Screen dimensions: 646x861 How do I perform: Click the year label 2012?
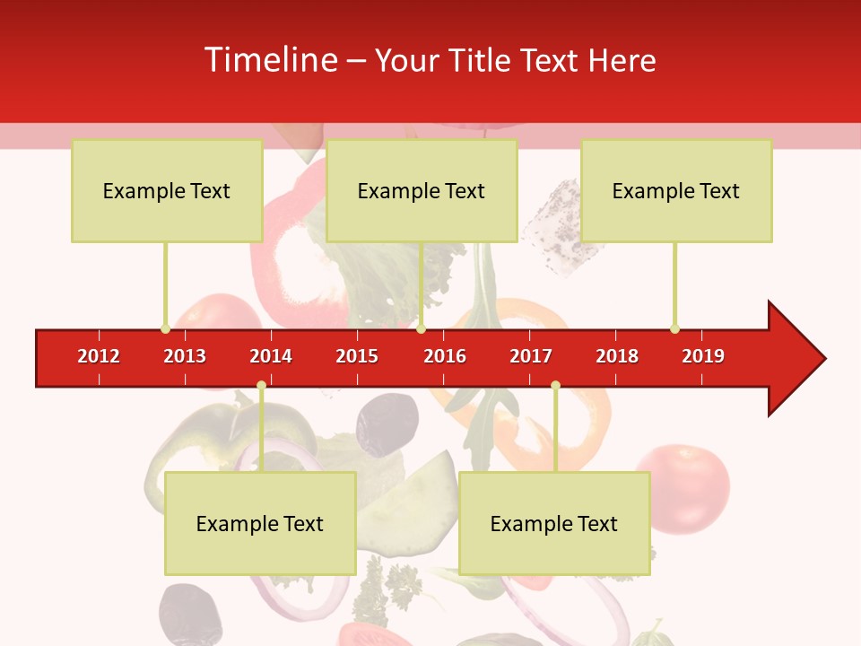tap(99, 356)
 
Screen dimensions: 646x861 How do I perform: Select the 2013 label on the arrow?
tap(185, 356)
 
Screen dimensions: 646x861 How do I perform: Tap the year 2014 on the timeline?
tap(271, 356)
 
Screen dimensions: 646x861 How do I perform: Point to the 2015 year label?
tap(357, 356)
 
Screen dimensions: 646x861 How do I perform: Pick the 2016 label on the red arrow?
tap(445, 356)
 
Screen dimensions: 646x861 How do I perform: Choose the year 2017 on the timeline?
tap(531, 356)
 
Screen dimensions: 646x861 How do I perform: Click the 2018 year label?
tap(617, 356)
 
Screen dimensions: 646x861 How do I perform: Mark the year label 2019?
tap(703, 356)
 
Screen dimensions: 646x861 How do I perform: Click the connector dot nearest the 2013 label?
tap(165, 328)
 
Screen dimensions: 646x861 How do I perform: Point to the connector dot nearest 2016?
tap(421, 328)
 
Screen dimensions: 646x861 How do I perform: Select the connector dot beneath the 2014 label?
tap(261, 386)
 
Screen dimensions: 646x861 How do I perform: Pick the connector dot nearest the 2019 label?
tap(674, 328)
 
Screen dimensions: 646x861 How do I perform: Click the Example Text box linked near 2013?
tap(167, 190)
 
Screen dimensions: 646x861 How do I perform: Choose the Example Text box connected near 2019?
tap(676, 190)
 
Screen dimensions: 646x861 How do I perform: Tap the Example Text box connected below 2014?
tap(260, 523)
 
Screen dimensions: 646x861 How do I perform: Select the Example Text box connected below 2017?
tap(554, 523)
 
